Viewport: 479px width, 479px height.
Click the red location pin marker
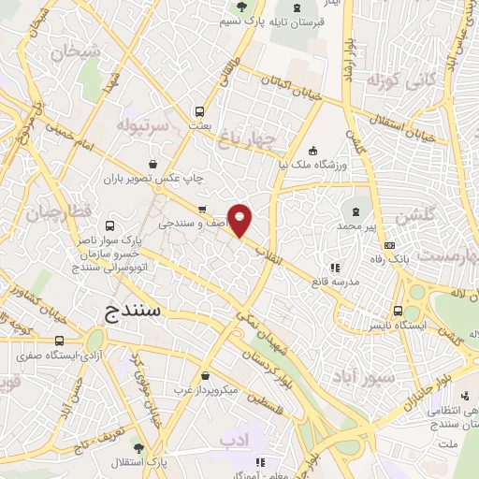tap(240, 219)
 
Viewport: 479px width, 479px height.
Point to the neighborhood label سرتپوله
tap(142, 124)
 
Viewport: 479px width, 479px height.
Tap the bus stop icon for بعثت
tap(199, 109)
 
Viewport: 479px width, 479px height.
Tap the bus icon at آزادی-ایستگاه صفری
tap(61, 341)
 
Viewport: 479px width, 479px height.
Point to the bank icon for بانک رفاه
tap(390, 245)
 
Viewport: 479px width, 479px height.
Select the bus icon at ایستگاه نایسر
tap(399, 311)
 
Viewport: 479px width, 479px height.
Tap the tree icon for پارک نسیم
tap(242, 7)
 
